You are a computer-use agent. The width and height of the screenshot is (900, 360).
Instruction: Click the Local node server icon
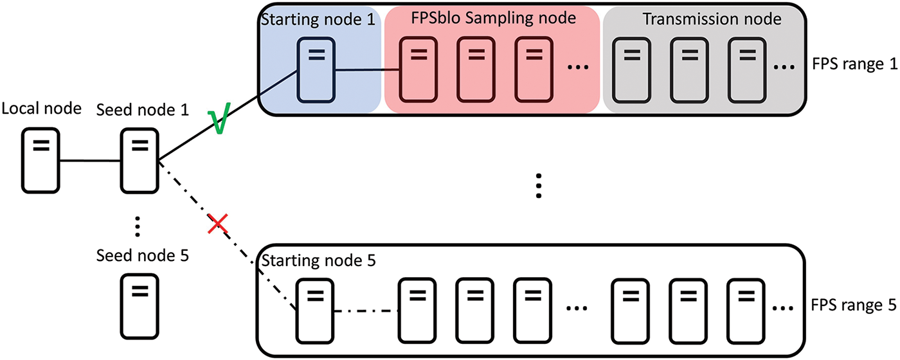coord(40,159)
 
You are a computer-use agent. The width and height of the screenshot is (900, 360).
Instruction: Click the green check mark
coord(219,122)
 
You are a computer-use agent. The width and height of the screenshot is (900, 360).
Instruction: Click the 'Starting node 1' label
coord(318,20)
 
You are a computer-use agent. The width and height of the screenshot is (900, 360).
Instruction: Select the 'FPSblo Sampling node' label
coord(493,19)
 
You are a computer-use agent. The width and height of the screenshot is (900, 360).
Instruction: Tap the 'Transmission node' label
coord(712,19)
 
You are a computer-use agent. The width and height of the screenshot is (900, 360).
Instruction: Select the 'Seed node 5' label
coord(142,255)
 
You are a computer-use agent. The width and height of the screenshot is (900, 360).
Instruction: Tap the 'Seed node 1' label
coord(142,110)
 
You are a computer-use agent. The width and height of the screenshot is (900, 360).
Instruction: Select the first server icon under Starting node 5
coord(315,310)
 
